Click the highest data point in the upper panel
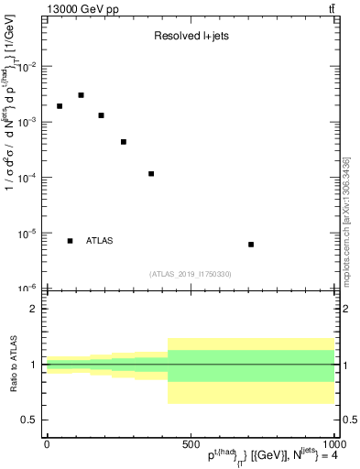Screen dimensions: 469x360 (x=81, y=95)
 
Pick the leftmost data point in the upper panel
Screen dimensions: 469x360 (x=60, y=106)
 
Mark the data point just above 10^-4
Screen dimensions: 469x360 (x=151, y=174)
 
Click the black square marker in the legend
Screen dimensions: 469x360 (x=71, y=241)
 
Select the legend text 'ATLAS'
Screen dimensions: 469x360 (x=100, y=241)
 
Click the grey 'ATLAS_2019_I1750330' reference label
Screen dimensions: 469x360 (x=191, y=274)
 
